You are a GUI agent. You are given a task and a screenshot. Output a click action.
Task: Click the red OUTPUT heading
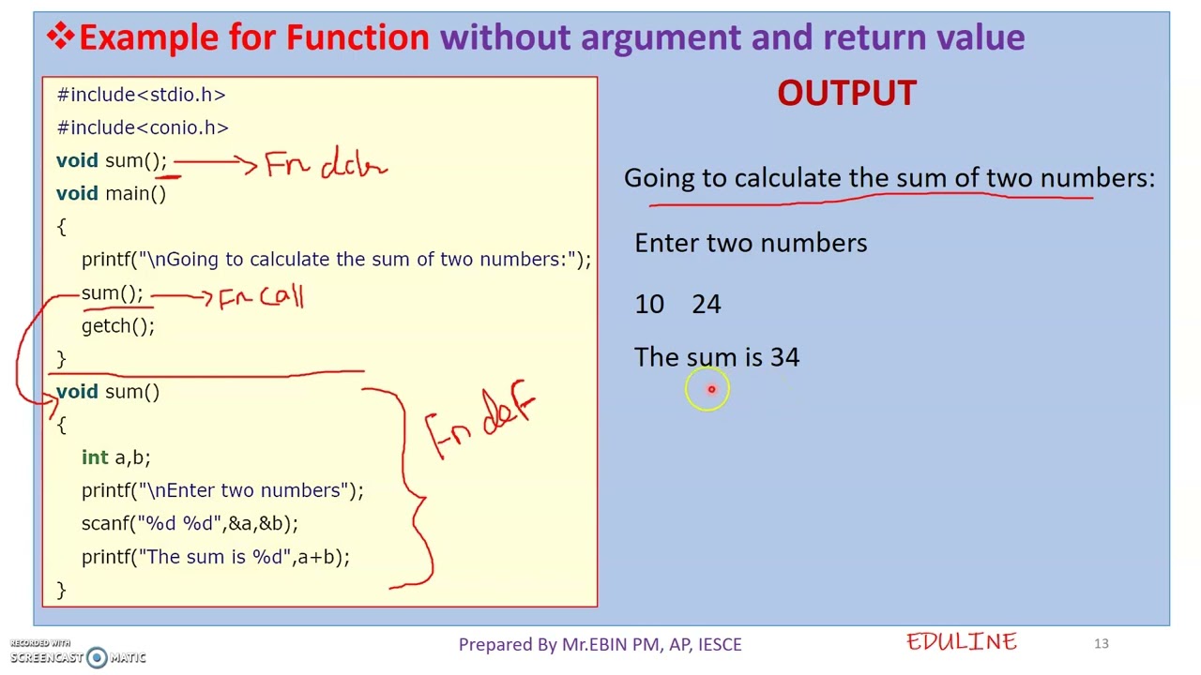(846, 94)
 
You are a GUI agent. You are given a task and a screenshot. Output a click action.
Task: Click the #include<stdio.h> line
(141, 95)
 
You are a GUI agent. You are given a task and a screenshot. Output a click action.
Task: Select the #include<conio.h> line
(143, 127)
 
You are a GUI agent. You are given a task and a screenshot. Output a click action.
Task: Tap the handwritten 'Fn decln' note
(326, 166)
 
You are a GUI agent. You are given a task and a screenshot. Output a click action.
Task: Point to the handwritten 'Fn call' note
(261, 298)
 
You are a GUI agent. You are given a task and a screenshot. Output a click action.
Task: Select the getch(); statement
(118, 326)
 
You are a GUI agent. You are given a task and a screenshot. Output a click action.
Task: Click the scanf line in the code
(190, 524)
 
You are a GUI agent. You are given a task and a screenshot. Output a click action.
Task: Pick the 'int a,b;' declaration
(115, 457)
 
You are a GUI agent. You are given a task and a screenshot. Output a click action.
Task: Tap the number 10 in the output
(649, 305)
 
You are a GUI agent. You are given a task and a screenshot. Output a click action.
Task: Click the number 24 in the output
(707, 305)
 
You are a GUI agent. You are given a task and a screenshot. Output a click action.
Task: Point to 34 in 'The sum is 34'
(784, 357)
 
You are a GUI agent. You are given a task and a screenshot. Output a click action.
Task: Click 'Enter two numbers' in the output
(751, 244)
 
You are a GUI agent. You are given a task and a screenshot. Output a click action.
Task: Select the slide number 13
(1101, 644)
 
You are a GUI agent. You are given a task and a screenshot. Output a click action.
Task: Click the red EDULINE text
(962, 642)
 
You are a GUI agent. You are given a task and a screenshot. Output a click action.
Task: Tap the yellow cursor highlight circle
(707, 390)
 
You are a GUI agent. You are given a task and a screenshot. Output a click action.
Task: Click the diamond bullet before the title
(60, 37)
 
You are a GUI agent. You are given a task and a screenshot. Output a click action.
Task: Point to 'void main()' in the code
(111, 194)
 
